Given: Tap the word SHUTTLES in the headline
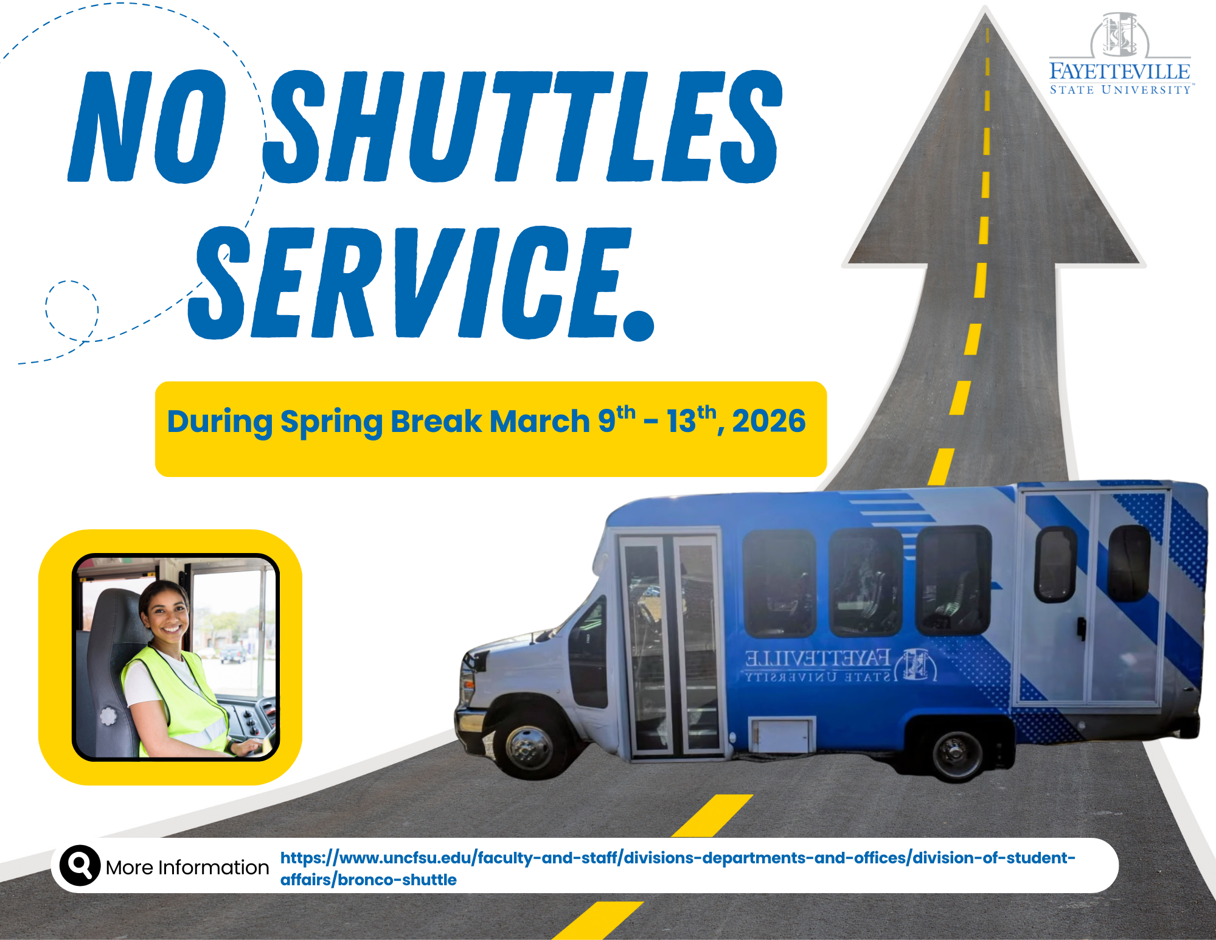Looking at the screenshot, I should pos(523,127).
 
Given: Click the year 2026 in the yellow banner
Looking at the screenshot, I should pos(769,421).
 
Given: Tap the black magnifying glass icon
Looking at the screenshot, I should pos(80,865).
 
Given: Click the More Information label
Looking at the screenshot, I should pos(187,867).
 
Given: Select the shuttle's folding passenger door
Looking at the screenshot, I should pos(669,645).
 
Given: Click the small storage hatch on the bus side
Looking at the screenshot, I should pos(782,734).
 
